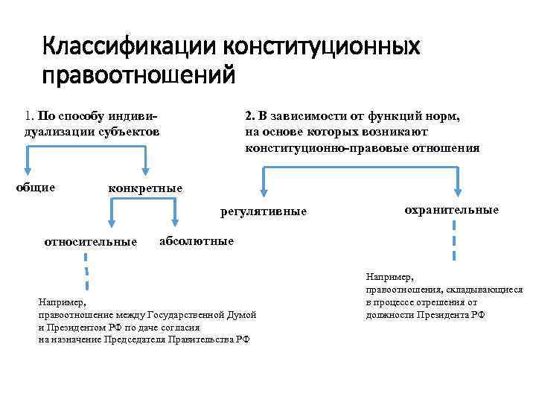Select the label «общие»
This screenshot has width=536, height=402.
pos(36,187)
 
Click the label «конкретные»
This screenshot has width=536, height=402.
pos(145,188)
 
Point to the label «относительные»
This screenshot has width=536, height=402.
pos(91,242)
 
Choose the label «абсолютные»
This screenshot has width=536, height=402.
pos(197,240)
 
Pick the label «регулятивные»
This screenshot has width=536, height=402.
pos(264,212)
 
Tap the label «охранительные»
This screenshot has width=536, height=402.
pos(451,210)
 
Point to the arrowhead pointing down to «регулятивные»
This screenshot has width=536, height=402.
pos(262,192)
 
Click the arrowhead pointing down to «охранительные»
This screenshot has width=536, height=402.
pos(456,192)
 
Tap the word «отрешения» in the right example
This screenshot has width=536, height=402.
pos(442,302)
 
